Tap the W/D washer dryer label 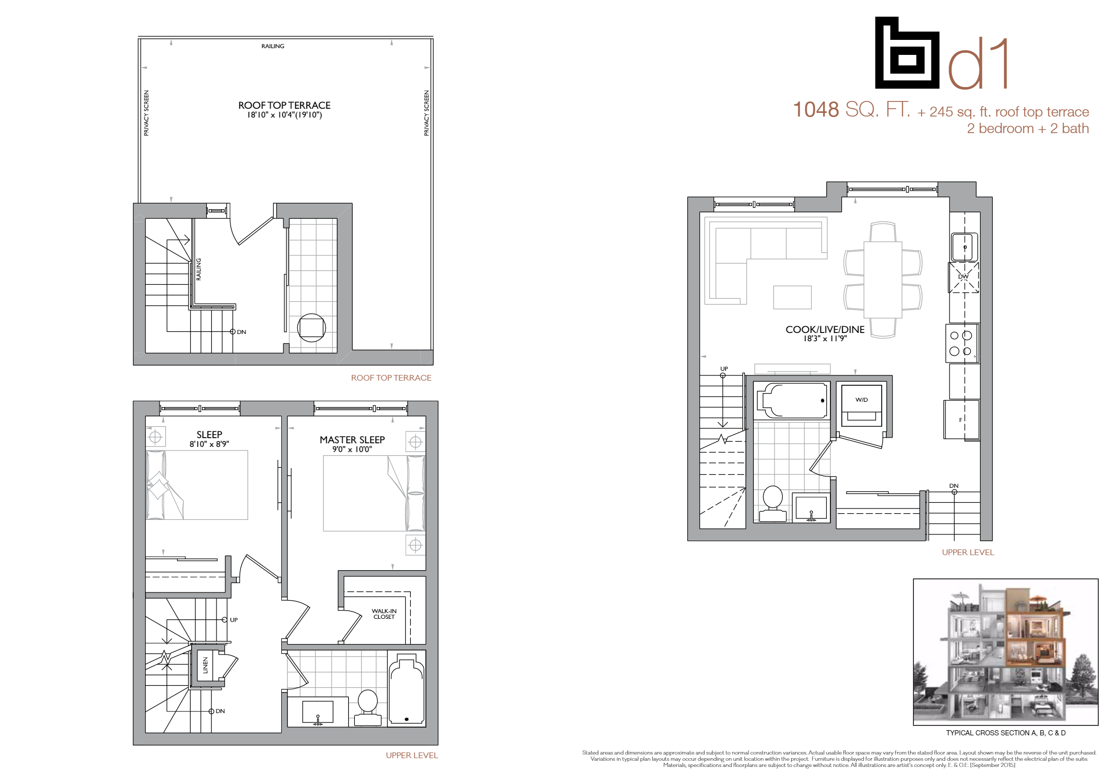click(x=861, y=400)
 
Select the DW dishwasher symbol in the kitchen click(x=963, y=277)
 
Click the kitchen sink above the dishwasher click(x=964, y=247)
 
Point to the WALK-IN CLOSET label click(x=384, y=614)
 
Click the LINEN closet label click(x=205, y=665)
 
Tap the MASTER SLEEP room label click(x=352, y=440)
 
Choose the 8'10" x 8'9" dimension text click(x=209, y=444)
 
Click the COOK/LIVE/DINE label click(x=825, y=329)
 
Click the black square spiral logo click(x=907, y=53)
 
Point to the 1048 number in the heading click(x=816, y=110)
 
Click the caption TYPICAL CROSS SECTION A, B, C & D click(x=1006, y=733)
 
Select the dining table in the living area click(x=883, y=280)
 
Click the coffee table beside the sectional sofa click(x=792, y=297)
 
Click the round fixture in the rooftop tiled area click(x=311, y=327)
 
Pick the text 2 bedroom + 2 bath click(x=1028, y=128)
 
